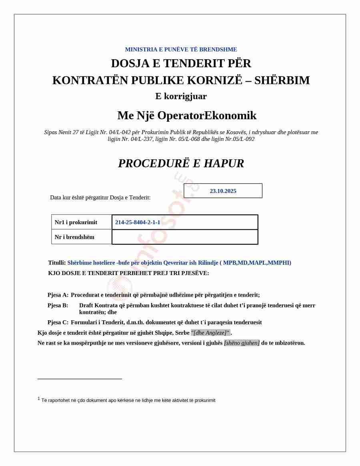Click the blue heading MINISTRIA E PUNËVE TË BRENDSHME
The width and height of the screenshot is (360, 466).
[181, 50]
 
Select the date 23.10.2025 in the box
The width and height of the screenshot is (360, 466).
[223, 191]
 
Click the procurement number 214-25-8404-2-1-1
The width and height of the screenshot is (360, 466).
[138, 222]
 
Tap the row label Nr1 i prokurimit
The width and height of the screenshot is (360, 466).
[76, 222]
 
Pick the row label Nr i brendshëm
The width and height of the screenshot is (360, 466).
[74, 237]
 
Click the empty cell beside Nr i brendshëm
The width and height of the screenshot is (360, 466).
[185, 237]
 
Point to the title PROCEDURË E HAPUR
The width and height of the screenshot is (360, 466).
[181, 163]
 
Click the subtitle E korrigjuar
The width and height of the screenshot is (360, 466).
[181, 96]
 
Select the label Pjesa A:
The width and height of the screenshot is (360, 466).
[58, 295]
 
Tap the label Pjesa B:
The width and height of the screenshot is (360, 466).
[58, 305]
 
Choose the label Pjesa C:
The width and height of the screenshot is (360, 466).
[58, 322]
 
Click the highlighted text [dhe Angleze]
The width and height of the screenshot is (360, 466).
[211, 333]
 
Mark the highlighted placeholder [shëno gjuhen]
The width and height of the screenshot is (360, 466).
[242, 343]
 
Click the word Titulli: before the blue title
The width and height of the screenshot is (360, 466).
[57, 263]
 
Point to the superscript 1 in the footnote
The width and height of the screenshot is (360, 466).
[39, 399]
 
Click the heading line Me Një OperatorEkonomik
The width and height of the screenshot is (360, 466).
[187, 115]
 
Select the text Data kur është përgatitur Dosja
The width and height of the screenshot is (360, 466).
[100, 197]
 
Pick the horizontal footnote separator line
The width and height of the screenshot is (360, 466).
[80, 379]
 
